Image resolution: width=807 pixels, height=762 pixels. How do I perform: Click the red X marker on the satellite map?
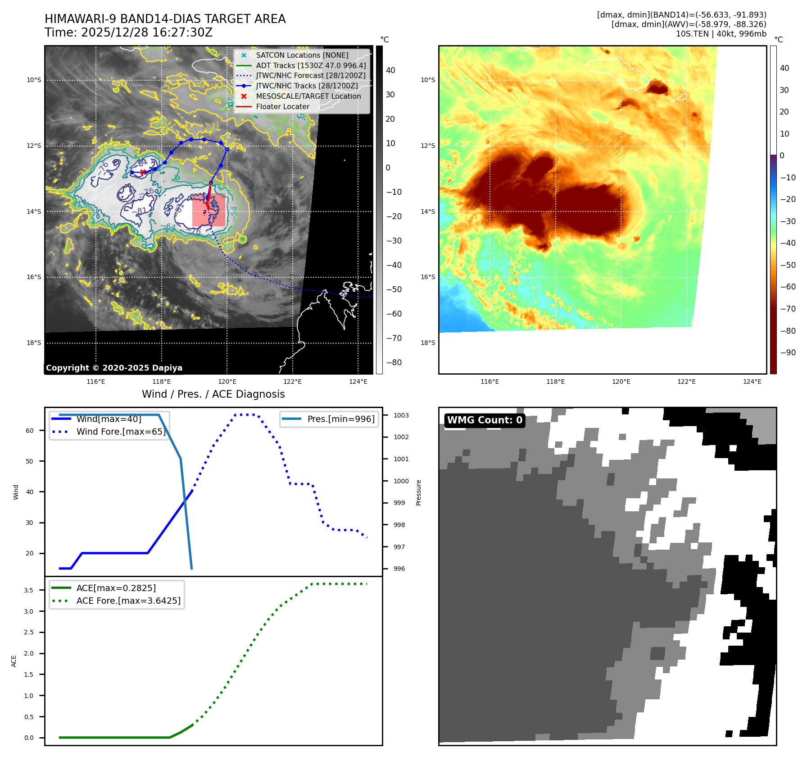[x=143, y=172]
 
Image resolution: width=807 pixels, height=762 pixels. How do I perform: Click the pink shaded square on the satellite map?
[x=209, y=210]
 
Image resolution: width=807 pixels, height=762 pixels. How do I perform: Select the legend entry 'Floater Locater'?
[x=282, y=107]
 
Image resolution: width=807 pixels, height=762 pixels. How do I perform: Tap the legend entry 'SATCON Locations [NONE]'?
[x=302, y=55]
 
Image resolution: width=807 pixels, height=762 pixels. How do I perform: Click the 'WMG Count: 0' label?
[x=485, y=420]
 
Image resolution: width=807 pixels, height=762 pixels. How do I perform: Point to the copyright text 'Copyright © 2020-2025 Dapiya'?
[x=114, y=368]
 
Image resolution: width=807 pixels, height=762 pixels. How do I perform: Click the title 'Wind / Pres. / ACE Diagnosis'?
[x=213, y=394]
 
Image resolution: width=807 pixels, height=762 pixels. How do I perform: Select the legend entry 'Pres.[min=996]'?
[x=340, y=419]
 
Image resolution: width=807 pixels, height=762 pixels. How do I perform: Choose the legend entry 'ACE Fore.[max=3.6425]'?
[x=128, y=601]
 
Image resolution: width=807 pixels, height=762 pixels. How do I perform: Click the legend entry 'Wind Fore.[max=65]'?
[x=121, y=431]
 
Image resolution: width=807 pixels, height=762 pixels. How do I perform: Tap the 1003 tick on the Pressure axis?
[x=401, y=415]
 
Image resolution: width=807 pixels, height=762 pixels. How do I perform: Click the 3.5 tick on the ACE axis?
[x=29, y=590]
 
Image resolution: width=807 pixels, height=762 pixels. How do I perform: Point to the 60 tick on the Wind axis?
[x=30, y=431]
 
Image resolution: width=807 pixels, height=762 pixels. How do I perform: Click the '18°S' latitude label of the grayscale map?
[x=34, y=343]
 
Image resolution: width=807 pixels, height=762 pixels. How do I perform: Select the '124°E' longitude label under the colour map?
[x=752, y=382]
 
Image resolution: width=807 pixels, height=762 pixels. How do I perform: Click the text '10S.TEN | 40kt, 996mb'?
[x=721, y=34]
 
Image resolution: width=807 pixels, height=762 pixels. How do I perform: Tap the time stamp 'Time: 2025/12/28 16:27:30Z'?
[x=128, y=33]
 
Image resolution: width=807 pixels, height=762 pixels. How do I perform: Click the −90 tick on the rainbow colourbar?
[x=788, y=353]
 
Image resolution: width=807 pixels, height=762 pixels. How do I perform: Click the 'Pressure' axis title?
[x=419, y=492]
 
